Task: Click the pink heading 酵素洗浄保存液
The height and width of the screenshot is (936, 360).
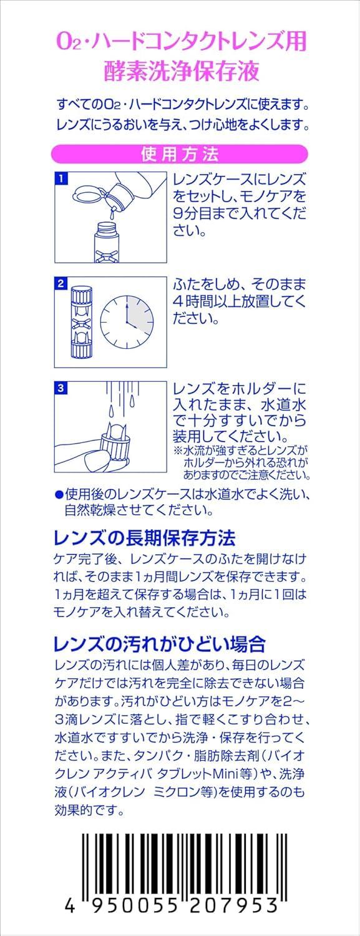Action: [182, 70]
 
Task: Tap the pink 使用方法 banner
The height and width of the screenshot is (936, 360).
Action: [180, 154]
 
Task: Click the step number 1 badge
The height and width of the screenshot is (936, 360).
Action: [61, 179]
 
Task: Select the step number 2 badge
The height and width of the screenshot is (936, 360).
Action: [61, 283]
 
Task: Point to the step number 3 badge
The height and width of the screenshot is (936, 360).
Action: [61, 388]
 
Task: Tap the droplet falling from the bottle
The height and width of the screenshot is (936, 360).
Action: [112, 214]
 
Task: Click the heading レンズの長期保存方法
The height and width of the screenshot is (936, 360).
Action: [145, 538]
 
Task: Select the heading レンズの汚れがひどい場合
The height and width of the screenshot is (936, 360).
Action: [160, 644]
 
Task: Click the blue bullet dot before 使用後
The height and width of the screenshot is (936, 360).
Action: [59, 495]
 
